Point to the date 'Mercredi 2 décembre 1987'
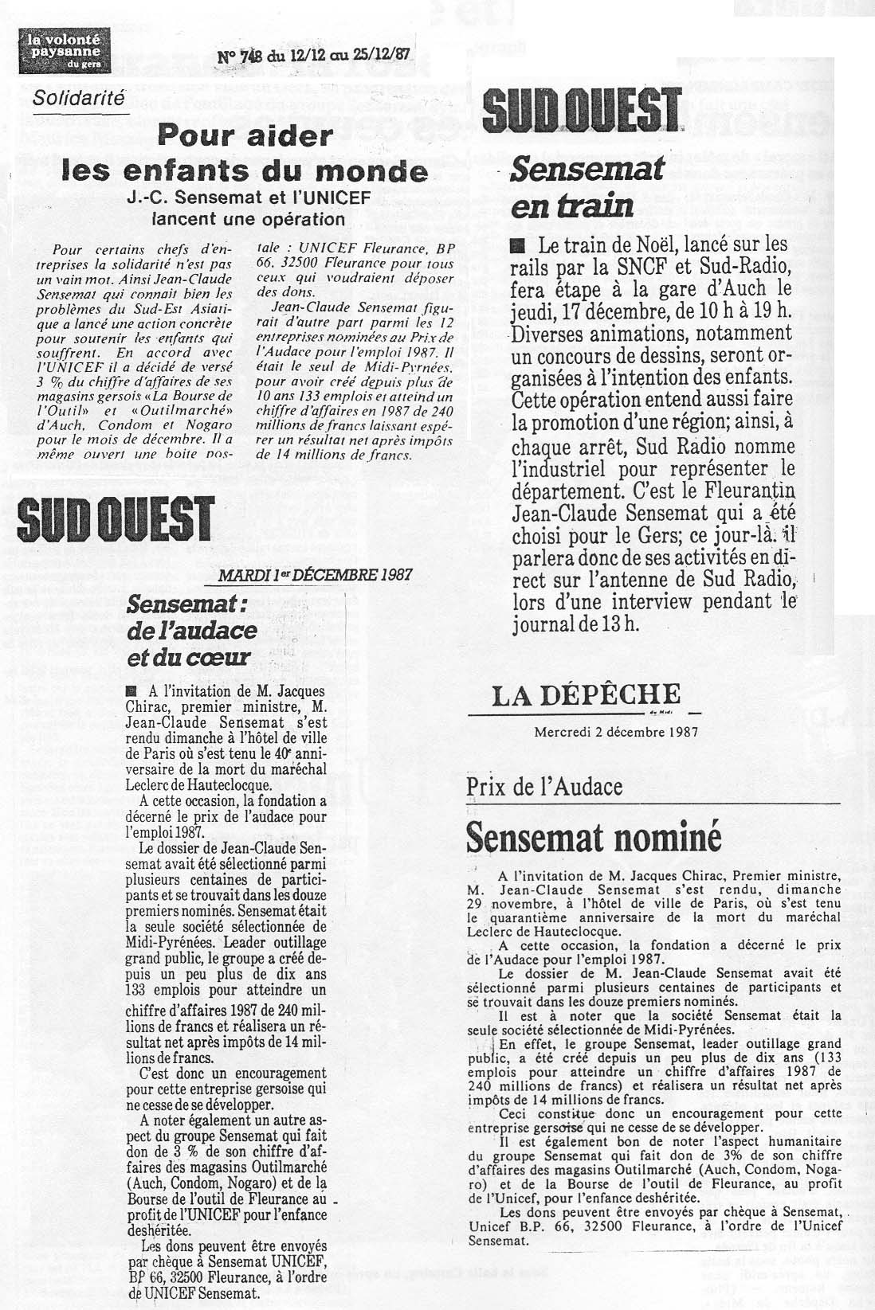[x=605, y=730]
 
